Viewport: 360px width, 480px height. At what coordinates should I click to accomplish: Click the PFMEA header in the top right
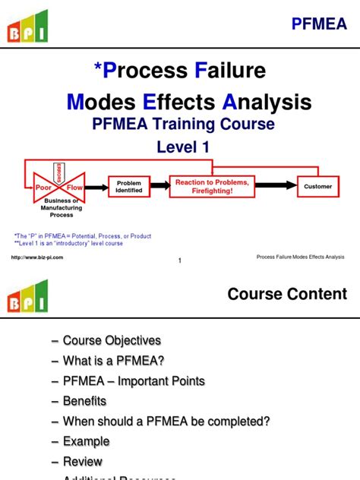point(320,24)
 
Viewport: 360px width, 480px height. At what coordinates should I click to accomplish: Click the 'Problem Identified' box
point(129,186)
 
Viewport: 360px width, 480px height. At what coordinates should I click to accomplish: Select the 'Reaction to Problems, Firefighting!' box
point(212,186)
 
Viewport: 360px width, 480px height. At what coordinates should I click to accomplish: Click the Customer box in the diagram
point(317,186)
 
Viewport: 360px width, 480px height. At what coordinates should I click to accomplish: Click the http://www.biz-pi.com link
point(37,257)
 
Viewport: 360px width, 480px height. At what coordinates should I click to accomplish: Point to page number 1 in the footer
point(179,261)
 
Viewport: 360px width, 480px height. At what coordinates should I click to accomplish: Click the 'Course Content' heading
point(287,294)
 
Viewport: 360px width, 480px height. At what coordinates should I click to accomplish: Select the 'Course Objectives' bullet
point(112,340)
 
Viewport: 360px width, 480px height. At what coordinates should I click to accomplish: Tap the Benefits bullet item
point(84,400)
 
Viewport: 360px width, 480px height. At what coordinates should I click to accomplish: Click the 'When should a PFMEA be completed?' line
point(166,421)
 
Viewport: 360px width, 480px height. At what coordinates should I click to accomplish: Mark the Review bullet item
point(82,461)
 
